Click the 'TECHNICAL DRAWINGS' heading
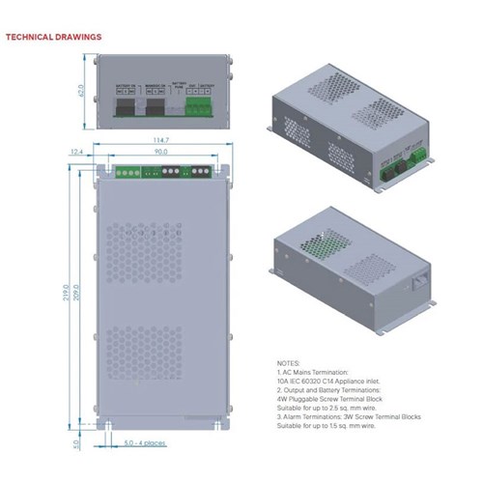[x=53, y=37]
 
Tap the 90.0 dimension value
[x=160, y=152]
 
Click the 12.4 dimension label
[x=75, y=152]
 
